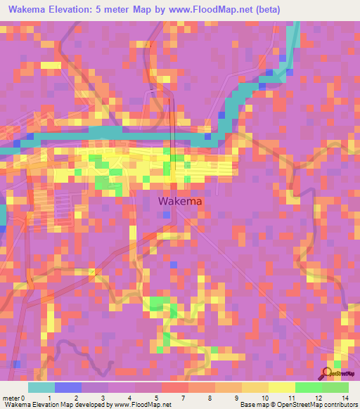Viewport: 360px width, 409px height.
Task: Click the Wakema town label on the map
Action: point(180,201)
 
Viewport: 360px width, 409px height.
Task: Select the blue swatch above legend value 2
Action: point(68,387)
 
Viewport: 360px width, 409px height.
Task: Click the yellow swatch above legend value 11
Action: point(282,387)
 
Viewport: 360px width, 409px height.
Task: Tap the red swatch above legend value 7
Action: point(174,387)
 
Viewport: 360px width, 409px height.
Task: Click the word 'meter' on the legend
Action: point(11,397)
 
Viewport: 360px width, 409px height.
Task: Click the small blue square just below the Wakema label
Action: point(166,215)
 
